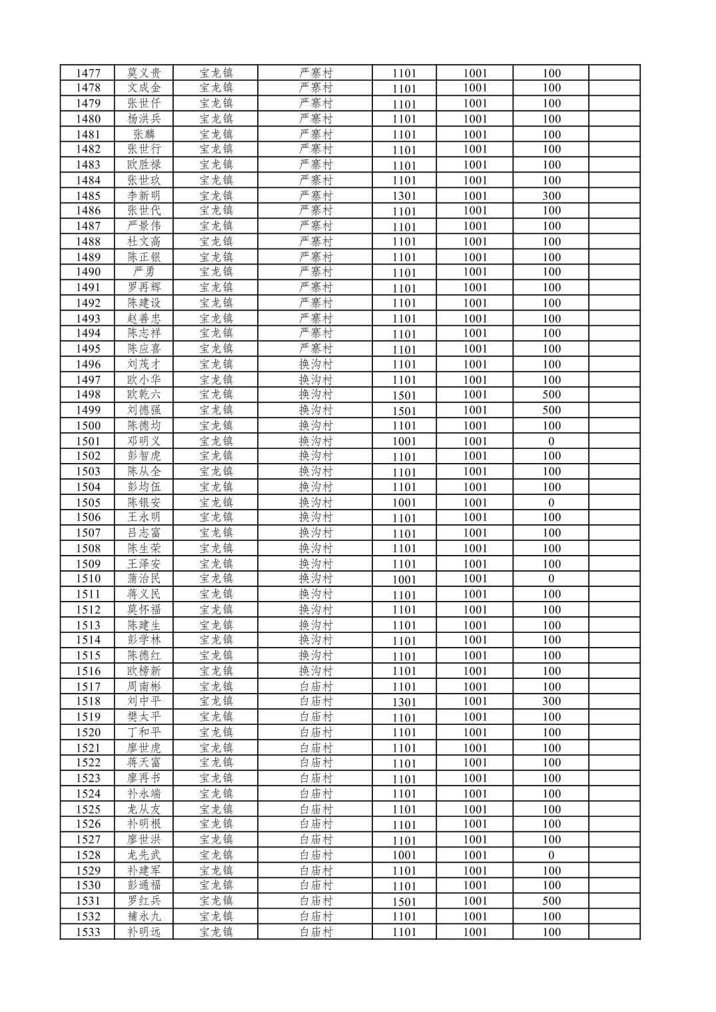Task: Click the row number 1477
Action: tap(88, 73)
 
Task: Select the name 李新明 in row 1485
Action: tap(144, 196)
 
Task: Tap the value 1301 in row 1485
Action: tap(404, 196)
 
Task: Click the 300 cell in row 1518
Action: tap(551, 702)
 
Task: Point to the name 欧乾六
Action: tap(144, 394)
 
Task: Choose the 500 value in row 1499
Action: tap(551, 410)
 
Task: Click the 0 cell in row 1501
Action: tap(551, 441)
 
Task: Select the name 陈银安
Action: tap(144, 502)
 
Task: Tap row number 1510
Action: tap(88, 579)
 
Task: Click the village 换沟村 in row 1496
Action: tap(315, 364)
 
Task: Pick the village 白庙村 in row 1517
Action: tap(315, 686)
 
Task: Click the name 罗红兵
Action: tap(144, 901)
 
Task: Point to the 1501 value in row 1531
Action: tap(404, 901)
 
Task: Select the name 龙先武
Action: tap(144, 855)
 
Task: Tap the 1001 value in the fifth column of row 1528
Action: tap(404, 855)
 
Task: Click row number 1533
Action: tap(88, 932)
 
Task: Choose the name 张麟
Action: tap(144, 134)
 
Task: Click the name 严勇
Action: tap(144, 272)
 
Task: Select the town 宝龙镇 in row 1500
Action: tap(216, 426)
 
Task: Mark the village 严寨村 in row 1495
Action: tap(315, 348)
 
